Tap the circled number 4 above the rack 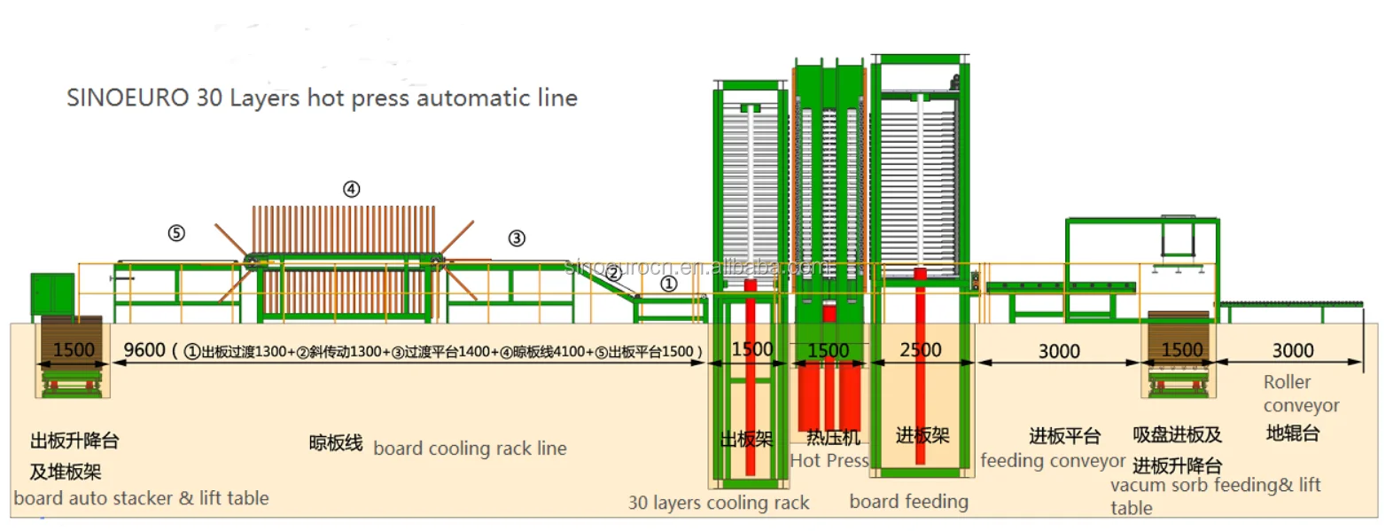coord(352,189)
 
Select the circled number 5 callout coord(176,233)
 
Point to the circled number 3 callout coord(517,238)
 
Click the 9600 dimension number coord(144,350)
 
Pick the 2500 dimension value coord(921,350)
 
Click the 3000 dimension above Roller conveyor coord(1293,351)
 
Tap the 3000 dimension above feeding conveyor coord(1059,352)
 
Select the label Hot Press coord(829,460)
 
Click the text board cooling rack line coord(470,449)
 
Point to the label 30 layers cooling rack coord(719,503)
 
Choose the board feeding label coord(908,502)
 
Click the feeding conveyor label coord(1053,461)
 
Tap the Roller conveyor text coord(1301,394)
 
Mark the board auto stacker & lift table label coord(141,498)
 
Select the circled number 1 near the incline coord(669,284)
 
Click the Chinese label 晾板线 coord(336,442)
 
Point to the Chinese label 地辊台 coord(1293,433)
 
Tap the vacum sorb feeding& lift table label coord(1215,496)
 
